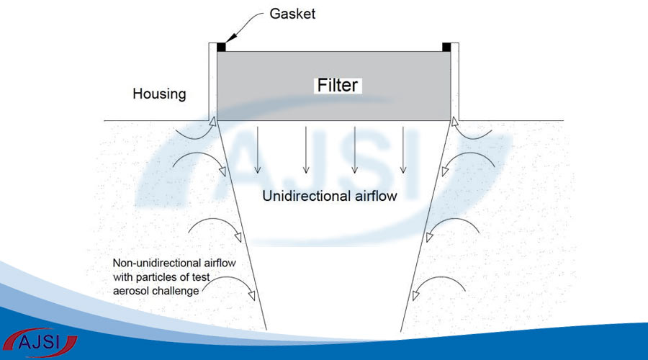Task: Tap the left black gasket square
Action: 221,48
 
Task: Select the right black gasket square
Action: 447,48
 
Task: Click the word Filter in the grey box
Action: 338,85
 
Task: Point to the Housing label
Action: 159,94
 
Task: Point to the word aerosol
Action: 132,289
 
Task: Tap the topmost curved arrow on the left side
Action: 194,131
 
